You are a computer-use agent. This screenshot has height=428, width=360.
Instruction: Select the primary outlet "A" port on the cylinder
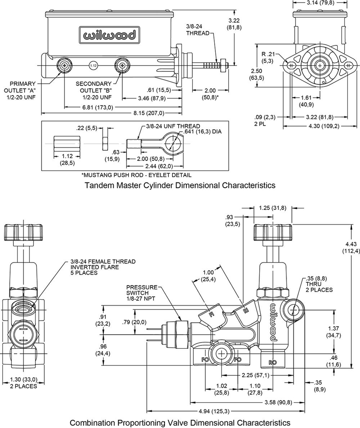65,66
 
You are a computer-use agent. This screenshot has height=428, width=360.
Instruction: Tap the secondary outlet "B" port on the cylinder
122,66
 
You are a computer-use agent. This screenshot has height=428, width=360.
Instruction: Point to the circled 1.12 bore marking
93,66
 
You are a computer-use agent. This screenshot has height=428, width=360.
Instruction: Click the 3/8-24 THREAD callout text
198,30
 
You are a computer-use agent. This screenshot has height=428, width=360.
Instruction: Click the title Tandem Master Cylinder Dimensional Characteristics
180,185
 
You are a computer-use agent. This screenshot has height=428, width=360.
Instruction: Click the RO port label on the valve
273,362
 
